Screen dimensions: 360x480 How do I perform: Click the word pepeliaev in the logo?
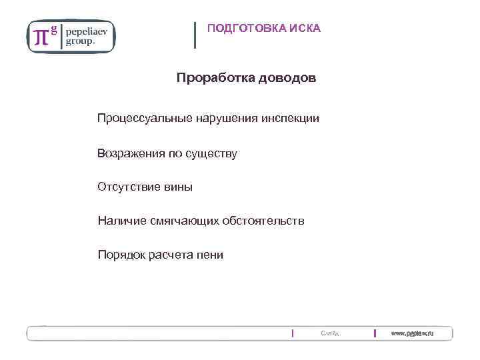point(89,31)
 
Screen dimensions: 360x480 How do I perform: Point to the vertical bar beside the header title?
point(195,35)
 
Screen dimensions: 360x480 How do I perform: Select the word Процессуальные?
point(145,118)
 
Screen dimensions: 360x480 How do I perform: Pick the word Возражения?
point(131,153)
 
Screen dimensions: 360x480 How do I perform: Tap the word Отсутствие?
point(129,187)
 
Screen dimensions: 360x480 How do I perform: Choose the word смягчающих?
point(186,221)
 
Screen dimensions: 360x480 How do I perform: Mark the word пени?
point(209,255)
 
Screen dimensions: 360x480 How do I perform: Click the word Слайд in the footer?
point(329,333)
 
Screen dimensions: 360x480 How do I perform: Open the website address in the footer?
point(412,333)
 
